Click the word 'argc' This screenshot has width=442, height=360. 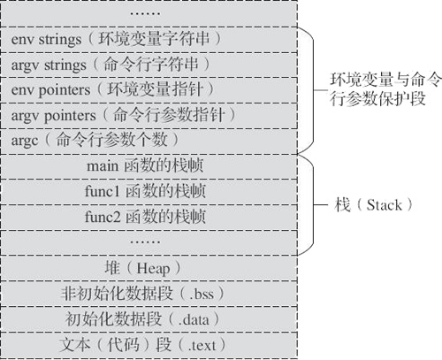point(25,141)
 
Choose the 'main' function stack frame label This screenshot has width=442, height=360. point(145,165)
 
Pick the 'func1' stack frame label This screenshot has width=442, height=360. point(145,191)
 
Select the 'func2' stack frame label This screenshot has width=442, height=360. point(145,217)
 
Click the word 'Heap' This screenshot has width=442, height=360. point(153,269)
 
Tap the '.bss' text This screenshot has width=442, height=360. point(202,294)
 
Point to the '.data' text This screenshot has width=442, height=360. point(194,319)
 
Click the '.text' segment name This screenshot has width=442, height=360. point(202,346)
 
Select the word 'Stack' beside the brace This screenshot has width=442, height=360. point(384,205)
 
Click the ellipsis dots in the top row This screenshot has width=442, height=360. point(145,13)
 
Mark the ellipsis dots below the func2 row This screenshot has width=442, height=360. point(145,242)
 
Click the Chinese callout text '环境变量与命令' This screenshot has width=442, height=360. point(385,80)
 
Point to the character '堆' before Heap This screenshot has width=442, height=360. point(112,268)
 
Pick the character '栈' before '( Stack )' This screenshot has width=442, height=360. point(342,204)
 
